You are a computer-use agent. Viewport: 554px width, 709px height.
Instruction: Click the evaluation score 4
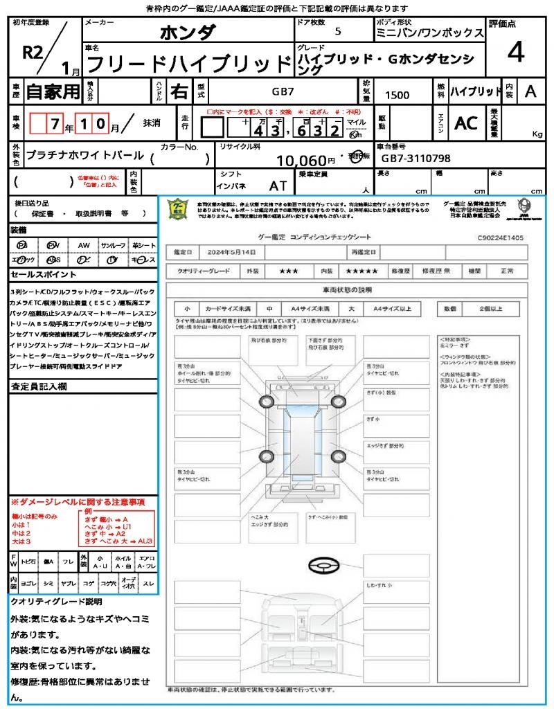(515, 52)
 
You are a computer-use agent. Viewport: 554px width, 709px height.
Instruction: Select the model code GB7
(282, 91)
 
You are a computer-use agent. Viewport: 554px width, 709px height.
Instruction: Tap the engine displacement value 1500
(397, 96)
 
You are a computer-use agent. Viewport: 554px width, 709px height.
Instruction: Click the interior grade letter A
(530, 91)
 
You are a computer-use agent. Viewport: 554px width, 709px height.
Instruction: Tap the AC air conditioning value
(466, 123)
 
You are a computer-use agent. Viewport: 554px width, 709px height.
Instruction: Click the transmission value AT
(278, 186)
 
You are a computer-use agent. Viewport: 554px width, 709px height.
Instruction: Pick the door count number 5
(337, 31)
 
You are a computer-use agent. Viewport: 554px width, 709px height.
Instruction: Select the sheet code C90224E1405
(500, 237)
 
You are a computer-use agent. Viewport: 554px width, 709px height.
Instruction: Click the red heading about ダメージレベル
(78, 501)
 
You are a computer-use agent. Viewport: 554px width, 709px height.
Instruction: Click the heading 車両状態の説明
(346, 289)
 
